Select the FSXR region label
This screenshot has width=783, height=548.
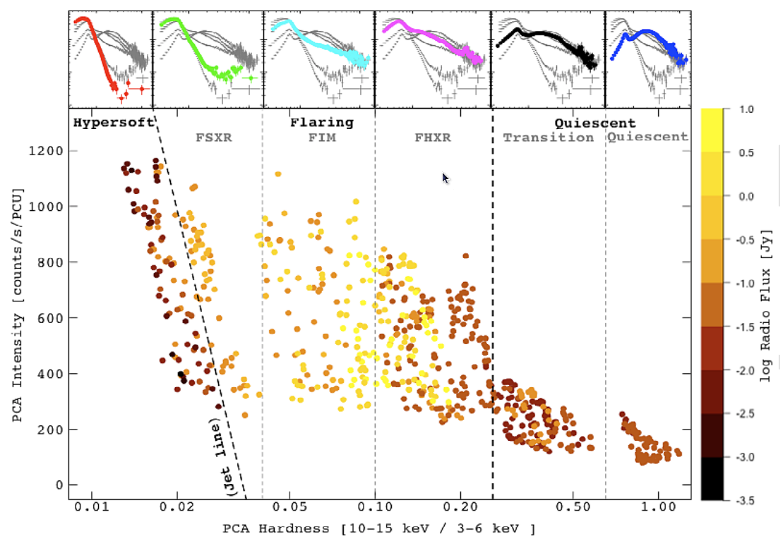click(213, 138)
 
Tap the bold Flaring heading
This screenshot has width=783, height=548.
click(321, 123)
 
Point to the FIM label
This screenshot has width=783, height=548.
click(322, 138)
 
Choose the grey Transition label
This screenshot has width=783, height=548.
click(548, 138)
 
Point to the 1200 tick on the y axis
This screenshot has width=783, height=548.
click(45, 151)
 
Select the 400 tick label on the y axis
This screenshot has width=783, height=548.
click(49, 374)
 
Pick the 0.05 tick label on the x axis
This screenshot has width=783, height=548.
click(291, 506)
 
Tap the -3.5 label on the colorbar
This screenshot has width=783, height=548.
click(746, 501)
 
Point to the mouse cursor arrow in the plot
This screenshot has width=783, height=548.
click(446, 178)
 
